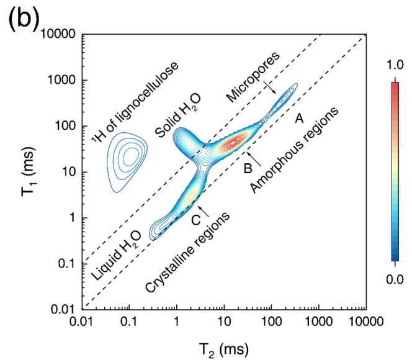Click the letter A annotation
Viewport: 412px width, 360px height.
tap(298, 117)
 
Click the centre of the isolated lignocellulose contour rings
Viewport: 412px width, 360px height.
tap(130, 156)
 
